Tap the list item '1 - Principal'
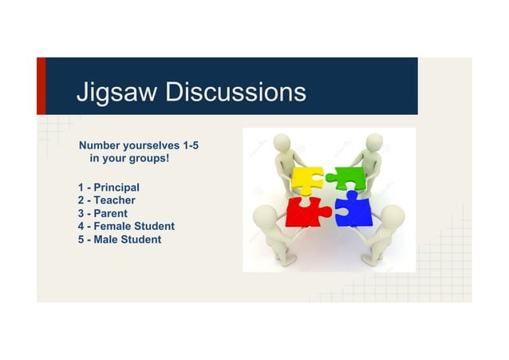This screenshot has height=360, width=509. [x=109, y=188]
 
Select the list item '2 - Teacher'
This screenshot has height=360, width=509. [x=107, y=200]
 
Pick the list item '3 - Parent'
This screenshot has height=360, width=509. [x=103, y=213]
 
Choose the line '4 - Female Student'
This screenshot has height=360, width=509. [x=126, y=226]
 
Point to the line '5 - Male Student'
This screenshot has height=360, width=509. [x=120, y=239]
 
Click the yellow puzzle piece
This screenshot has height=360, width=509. [x=306, y=179]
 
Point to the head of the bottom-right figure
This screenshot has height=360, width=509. [x=393, y=216]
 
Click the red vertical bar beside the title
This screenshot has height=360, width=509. [x=41, y=85]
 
